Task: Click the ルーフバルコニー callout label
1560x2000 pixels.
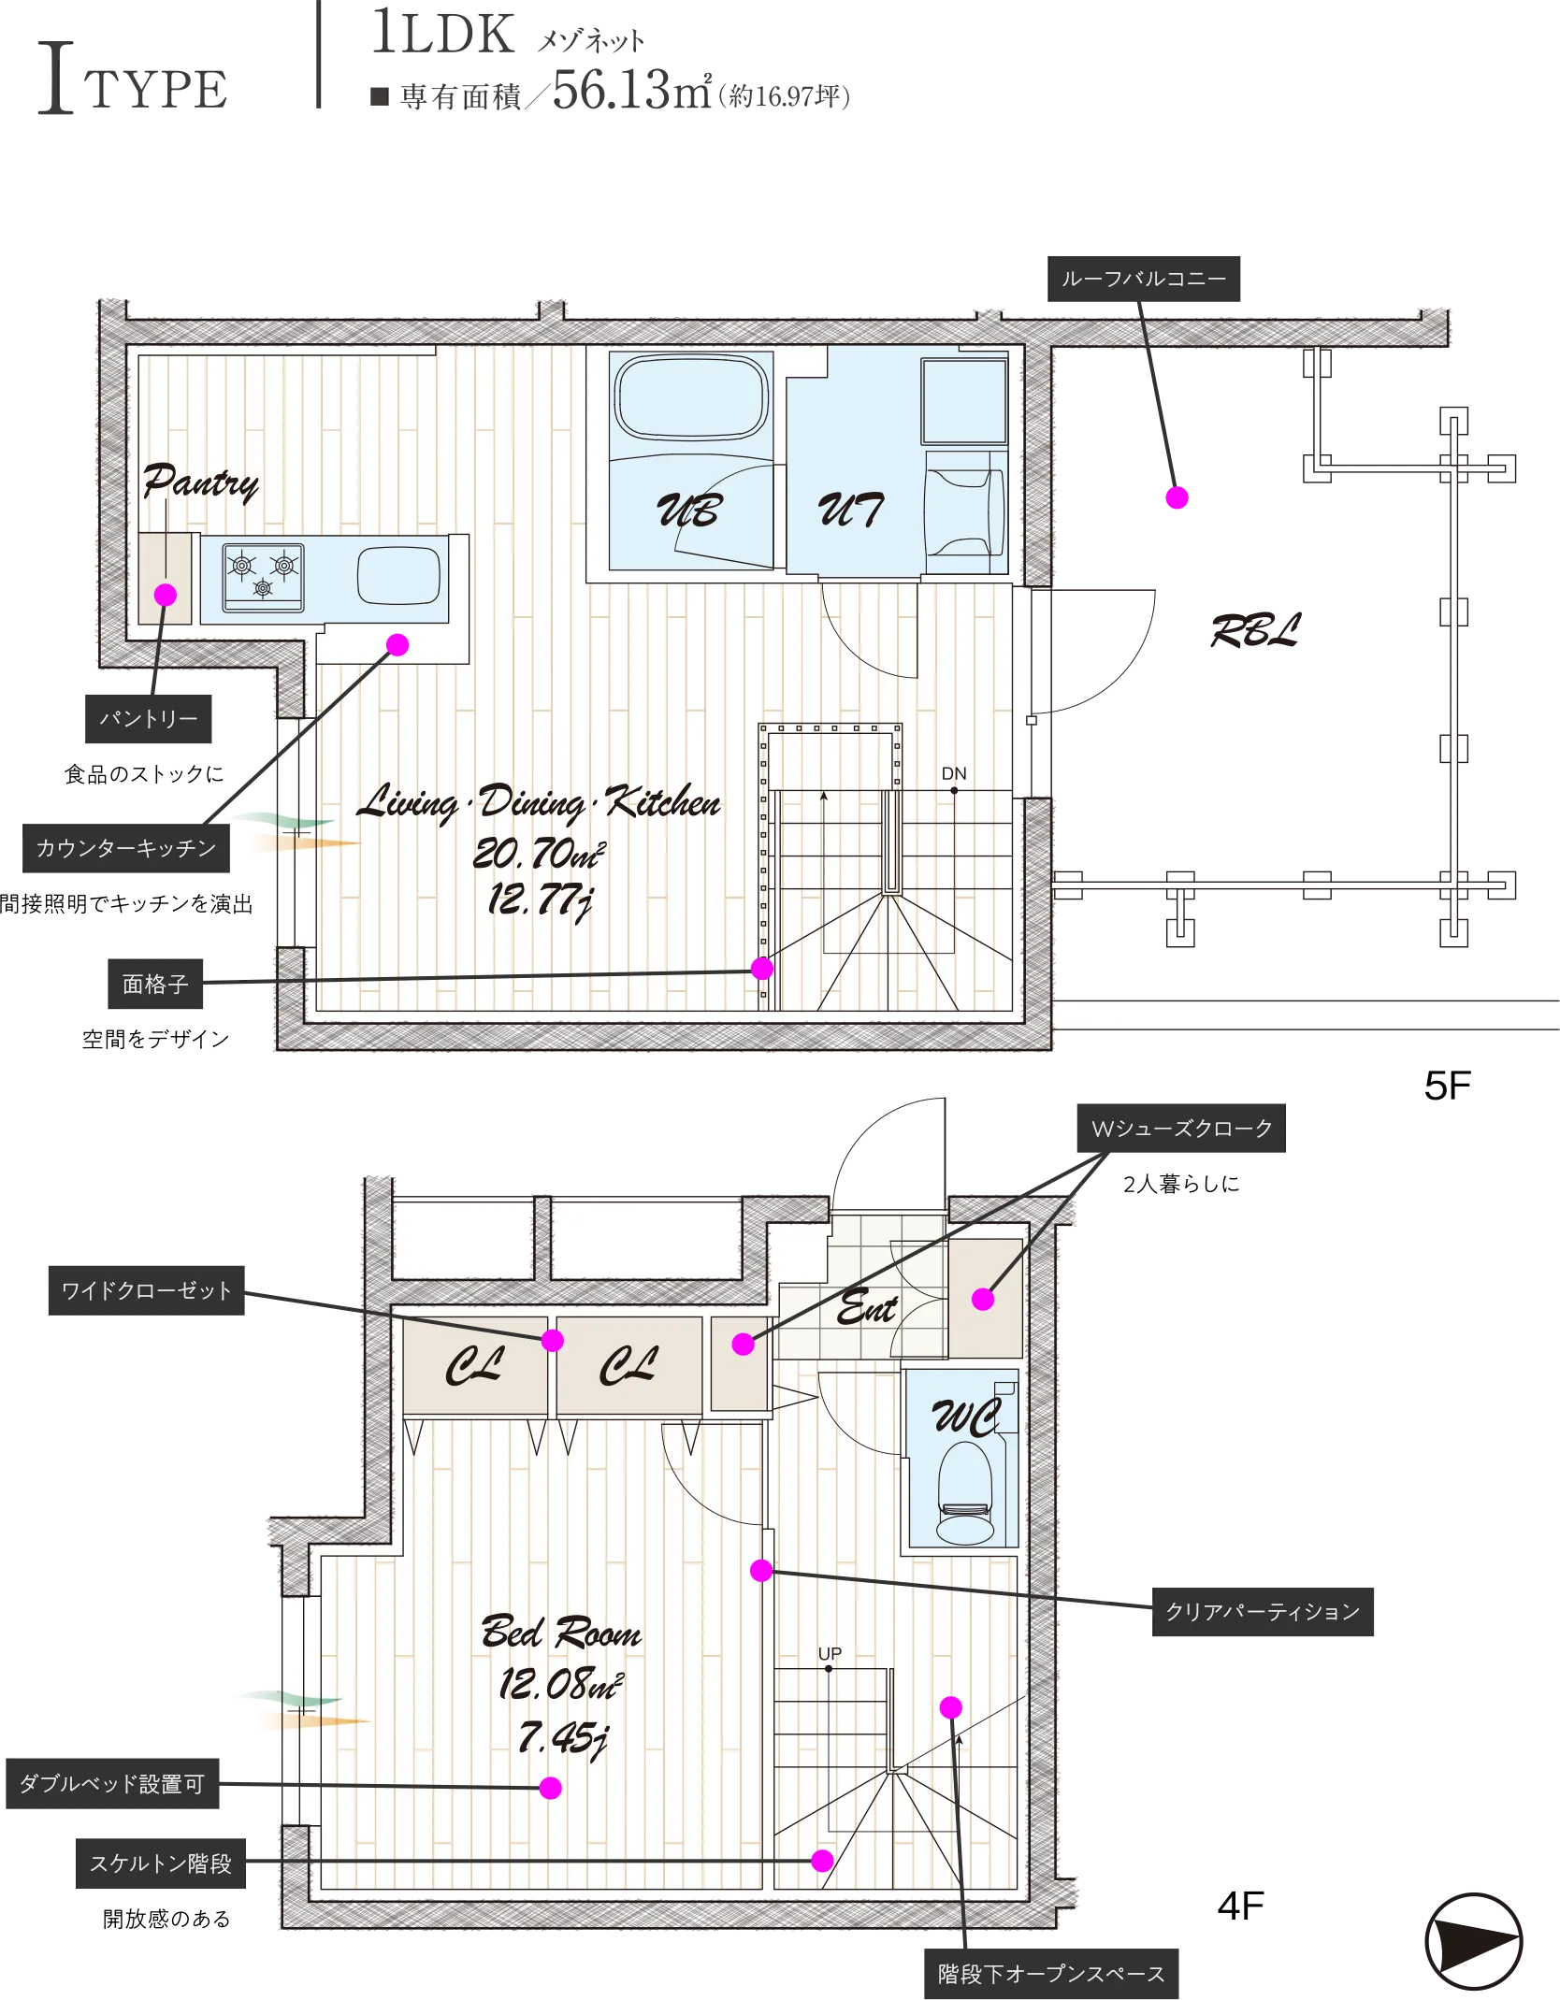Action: [1143, 279]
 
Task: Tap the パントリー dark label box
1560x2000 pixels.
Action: [148, 718]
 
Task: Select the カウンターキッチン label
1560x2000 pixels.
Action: [126, 848]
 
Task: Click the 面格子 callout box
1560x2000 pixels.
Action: [155, 984]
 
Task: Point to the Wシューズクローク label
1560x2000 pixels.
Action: [1182, 1129]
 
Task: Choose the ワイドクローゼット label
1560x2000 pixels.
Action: [147, 1290]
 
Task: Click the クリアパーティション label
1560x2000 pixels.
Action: [1263, 1611]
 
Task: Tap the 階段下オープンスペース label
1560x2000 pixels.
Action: [1051, 1973]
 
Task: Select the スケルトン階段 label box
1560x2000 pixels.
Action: [161, 1863]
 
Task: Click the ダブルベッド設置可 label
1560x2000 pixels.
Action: [112, 1783]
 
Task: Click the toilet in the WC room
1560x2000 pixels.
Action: [965, 1493]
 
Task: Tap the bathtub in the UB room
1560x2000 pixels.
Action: [691, 396]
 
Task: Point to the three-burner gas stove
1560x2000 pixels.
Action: [263, 577]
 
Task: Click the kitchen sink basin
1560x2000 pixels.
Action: [398, 575]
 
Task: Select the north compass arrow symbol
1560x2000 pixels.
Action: [1473, 1941]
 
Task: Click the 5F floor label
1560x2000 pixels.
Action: [1448, 1086]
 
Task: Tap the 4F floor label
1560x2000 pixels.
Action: [1241, 1906]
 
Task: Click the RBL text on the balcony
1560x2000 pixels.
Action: [1255, 631]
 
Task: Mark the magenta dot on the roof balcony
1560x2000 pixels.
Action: [1177, 497]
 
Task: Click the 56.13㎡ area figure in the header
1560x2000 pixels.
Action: [631, 90]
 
